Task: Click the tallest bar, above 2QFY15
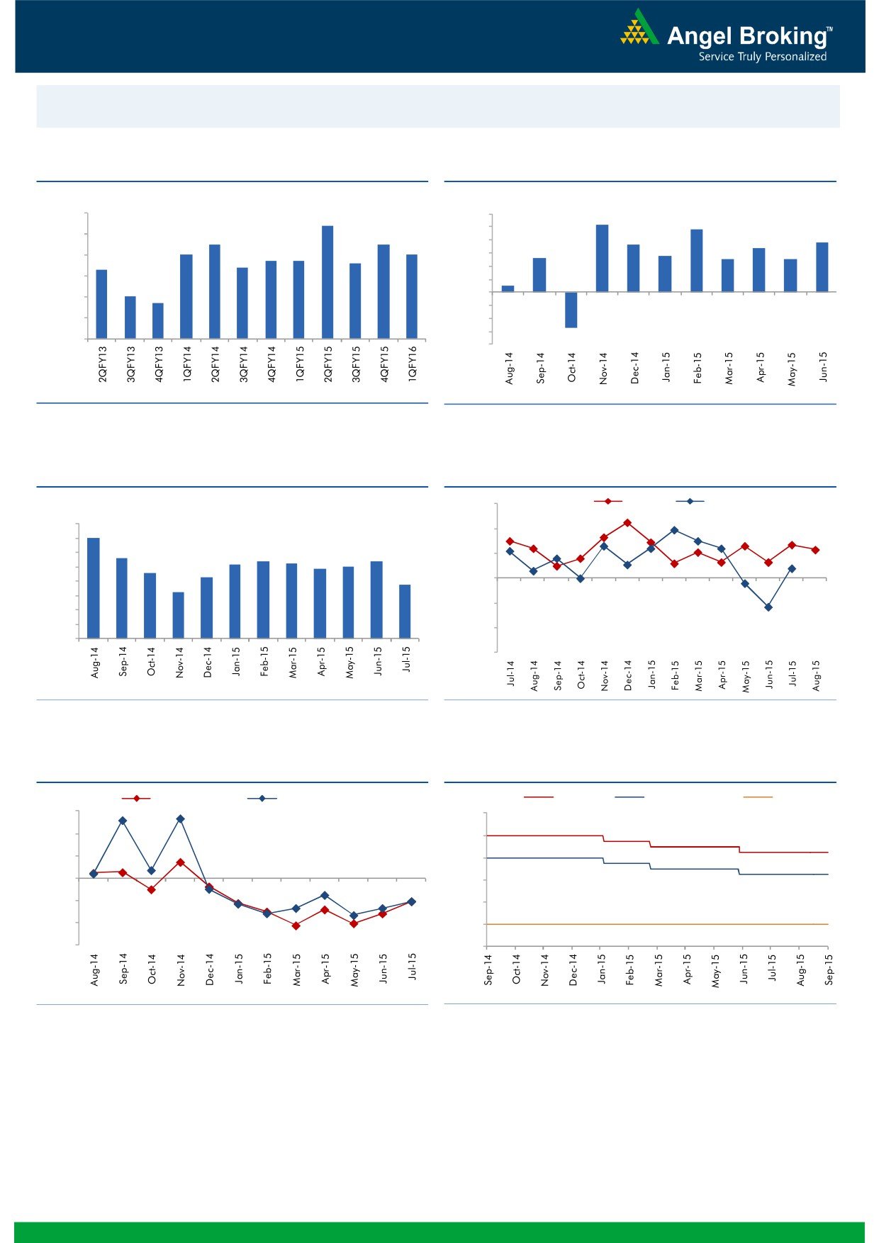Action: tap(327, 282)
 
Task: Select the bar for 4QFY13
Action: tap(158, 321)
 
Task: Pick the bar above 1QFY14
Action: tap(186, 296)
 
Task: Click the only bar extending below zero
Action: tap(571, 310)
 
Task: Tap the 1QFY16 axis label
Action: tap(413, 364)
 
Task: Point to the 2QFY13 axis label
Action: tap(102, 364)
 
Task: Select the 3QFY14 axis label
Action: tap(243, 364)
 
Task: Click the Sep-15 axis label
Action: tap(829, 969)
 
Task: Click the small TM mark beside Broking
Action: tap(829, 30)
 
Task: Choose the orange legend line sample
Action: tap(757, 797)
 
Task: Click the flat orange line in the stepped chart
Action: tap(656, 924)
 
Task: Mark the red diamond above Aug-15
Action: tap(816, 550)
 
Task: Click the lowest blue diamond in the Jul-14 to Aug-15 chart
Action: tap(768, 607)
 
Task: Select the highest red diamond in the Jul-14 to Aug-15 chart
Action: tap(627, 523)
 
